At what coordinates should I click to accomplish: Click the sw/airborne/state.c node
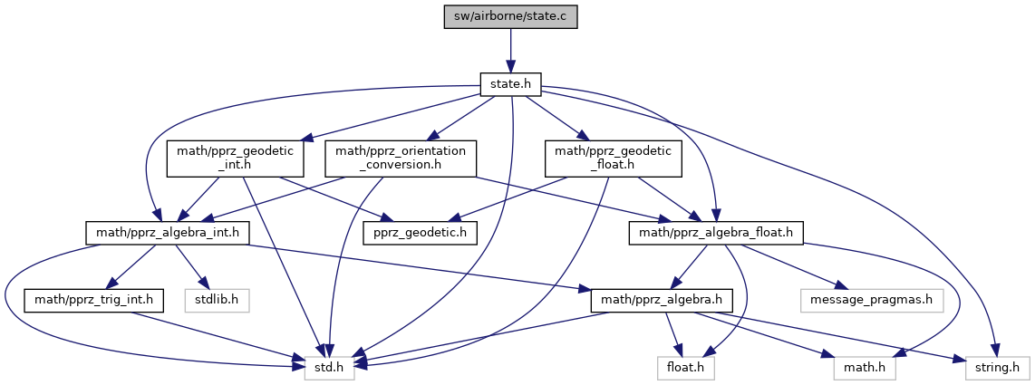pos(510,17)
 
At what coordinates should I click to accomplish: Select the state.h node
pos(510,84)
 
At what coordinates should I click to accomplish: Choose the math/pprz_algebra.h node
pos(657,298)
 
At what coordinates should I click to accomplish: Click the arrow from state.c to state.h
pos(510,50)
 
